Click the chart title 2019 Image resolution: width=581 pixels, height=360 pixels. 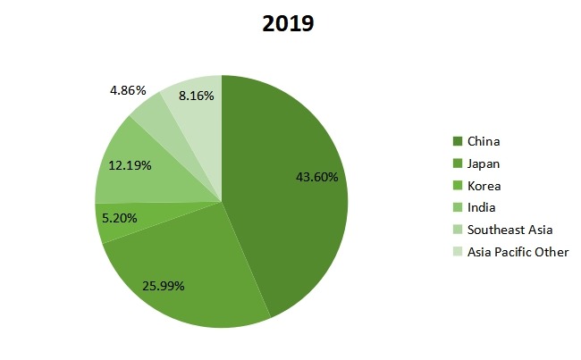288,23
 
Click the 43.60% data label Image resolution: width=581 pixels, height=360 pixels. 316,177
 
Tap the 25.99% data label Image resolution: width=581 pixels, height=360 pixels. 164,286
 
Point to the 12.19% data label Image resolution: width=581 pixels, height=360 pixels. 129,165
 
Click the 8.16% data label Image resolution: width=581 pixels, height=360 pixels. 196,96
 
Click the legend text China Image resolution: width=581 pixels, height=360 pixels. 484,141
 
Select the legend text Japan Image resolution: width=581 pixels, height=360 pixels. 484,163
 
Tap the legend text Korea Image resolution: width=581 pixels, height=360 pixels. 484,186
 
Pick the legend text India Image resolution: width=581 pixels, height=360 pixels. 482,207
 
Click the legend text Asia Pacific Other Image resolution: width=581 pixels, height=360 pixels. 518,252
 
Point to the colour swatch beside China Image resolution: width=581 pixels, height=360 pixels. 458,141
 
